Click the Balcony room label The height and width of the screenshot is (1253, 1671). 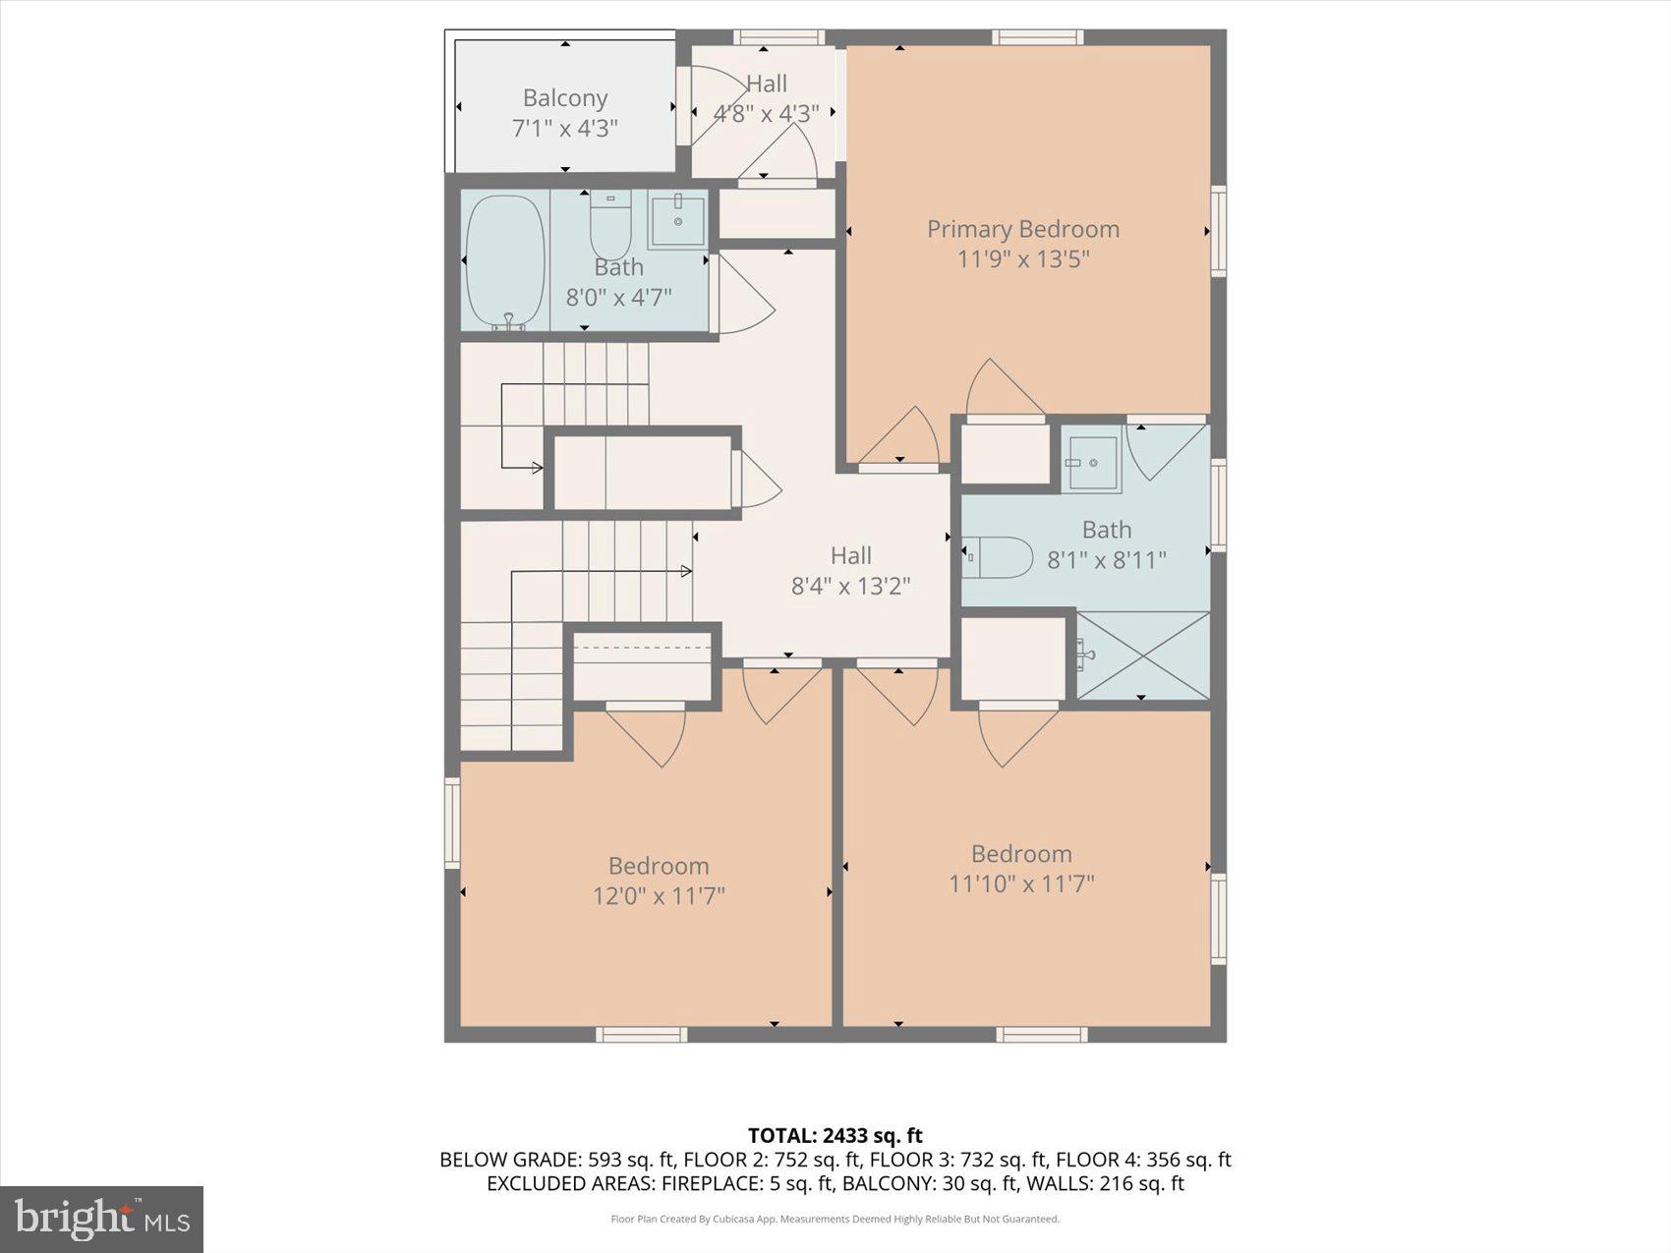(565, 98)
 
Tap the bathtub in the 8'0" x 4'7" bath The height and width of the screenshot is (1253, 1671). (505, 262)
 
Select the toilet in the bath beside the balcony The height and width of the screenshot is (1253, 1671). (609, 226)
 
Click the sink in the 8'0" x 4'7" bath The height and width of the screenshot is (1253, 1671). (677, 221)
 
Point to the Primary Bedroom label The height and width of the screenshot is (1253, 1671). (1023, 229)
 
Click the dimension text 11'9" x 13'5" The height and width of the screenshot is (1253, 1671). (1023, 259)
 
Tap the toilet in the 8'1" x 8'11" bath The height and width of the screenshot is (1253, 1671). (998, 557)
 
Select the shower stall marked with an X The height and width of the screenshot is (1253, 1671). (1143, 655)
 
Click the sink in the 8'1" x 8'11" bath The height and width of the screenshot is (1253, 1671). (1092, 462)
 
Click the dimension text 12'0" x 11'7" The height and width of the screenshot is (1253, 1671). (659, 896)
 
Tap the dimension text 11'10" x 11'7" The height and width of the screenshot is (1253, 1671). (1021, 883)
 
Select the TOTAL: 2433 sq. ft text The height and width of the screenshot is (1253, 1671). (835, 1136)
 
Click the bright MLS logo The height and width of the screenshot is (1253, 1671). (102, 1219)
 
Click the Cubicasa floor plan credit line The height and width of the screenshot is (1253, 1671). (835, 1220)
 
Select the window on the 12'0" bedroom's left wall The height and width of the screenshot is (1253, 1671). (452, 823)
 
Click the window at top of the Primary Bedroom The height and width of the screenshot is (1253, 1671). (1037, 37)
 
